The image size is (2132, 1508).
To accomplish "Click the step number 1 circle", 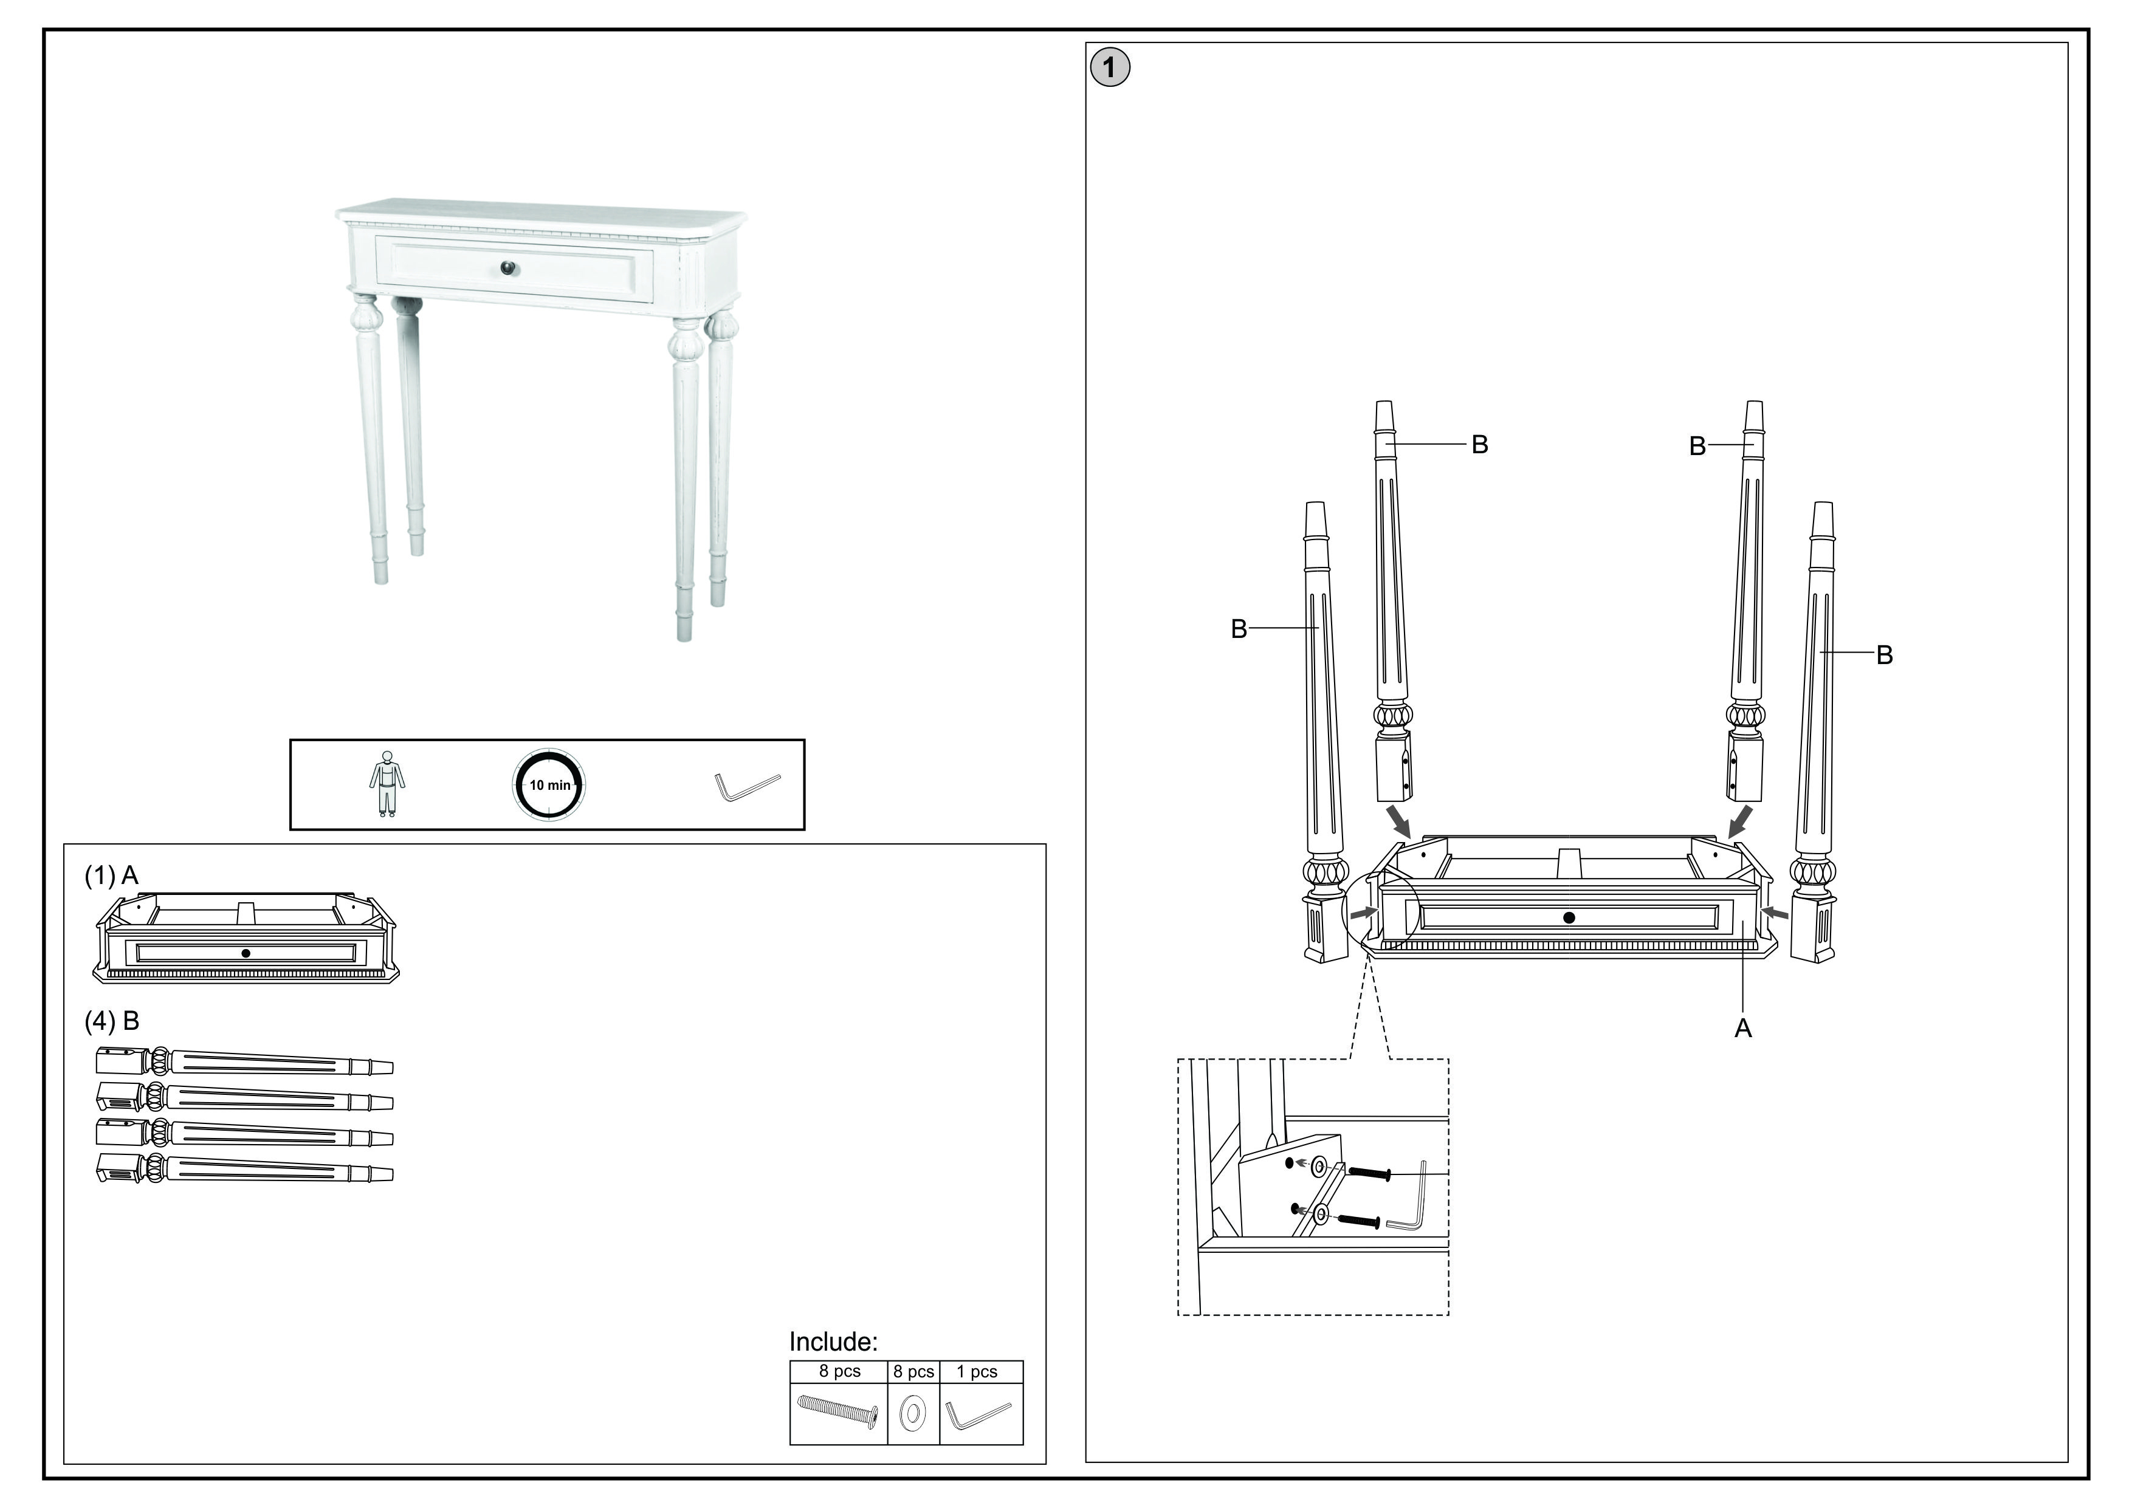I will (1110, 68).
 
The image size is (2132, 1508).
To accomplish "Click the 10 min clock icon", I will (549, 784).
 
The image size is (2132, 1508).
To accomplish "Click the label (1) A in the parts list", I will (111, 875).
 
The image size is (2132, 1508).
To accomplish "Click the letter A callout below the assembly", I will (1743, 1029).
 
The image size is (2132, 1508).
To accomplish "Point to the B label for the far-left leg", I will (1239, 629).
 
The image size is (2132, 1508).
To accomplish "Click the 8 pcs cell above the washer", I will (913, 1371).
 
